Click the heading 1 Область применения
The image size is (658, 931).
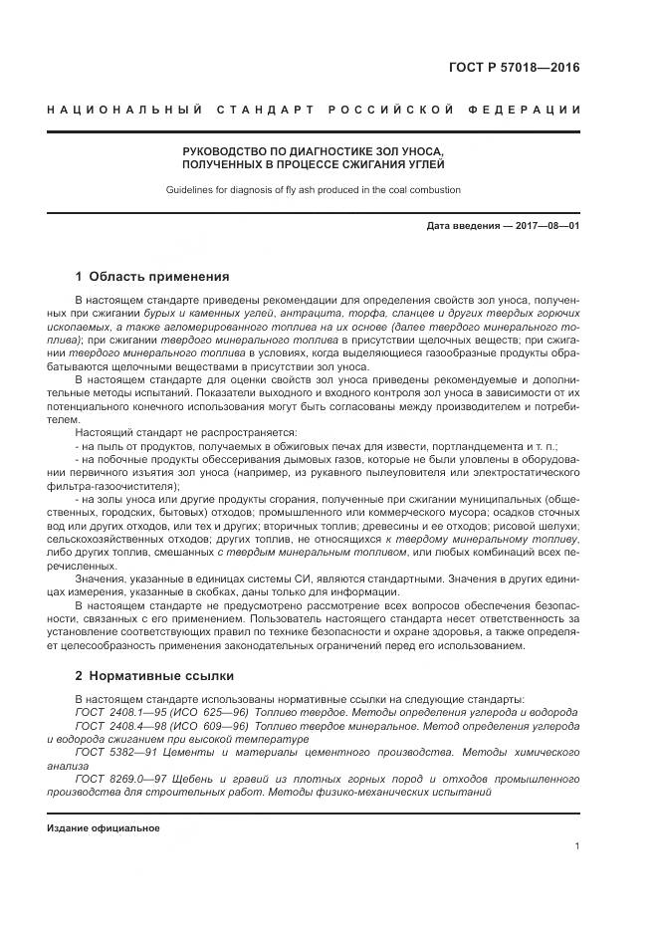click(x=151, y=276)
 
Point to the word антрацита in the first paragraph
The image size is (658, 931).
click(x=284, y=312)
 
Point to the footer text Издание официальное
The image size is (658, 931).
click(x=104, y=827)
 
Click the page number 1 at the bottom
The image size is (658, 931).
click(x=577, y=845)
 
